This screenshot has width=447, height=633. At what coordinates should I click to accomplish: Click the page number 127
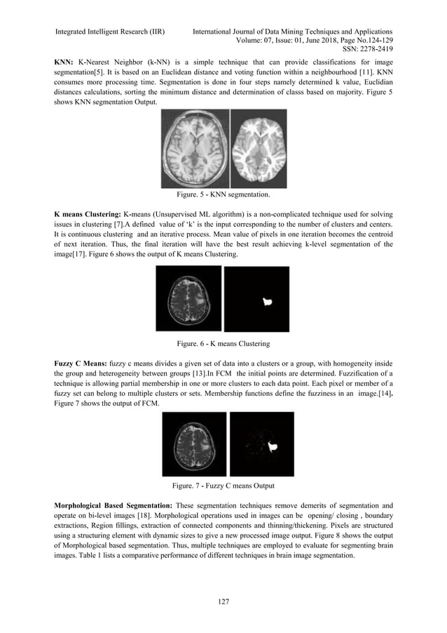point(223,601)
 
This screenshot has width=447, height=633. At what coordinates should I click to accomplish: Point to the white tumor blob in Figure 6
point(266,301)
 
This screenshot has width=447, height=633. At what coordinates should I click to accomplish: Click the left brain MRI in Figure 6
point(187,298)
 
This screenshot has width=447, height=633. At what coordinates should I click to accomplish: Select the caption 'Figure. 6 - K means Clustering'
point(224,344)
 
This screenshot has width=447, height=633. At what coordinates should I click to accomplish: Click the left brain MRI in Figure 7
point(194,444)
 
